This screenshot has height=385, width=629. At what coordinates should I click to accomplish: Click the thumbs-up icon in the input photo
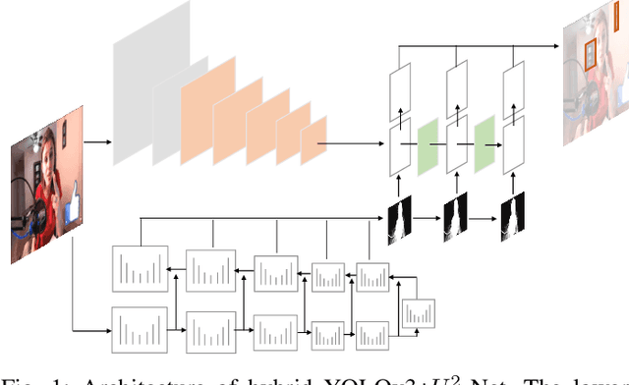pyautogui.click(x=72, y=208)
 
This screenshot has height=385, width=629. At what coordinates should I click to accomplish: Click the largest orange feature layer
pyautogui.click(x=206, y=103)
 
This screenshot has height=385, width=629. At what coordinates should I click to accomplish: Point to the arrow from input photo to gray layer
pyautogui.click(x=96, y=143)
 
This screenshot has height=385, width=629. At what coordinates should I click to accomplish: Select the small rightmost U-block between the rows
pyautogui.click(x=417, y=312)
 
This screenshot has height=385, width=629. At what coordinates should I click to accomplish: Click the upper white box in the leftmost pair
pyautogui.click(x=401, y=92)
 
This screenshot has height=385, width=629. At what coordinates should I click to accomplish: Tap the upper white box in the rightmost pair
pyautogui.click(x=512, y=92)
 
